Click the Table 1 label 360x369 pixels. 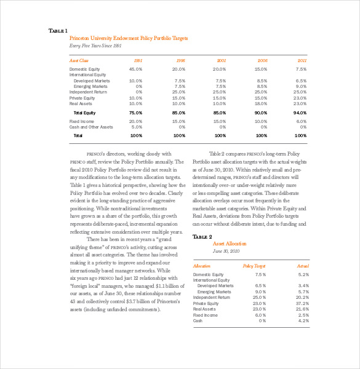(58, 31)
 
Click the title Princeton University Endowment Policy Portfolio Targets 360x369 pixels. (129, 38)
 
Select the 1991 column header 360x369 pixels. (138, 61)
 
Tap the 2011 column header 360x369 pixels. (302, 61)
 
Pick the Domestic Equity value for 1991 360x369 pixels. (135, 69)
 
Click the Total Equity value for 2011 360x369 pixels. (300, 113)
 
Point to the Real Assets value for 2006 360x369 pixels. (261, 103)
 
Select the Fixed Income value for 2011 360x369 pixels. (300, 121)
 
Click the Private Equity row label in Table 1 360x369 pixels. (82, 98)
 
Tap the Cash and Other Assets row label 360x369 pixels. (91, 127)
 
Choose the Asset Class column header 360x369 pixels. (79, 61)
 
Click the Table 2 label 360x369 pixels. (202, 237)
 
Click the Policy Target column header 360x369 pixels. (254, 266)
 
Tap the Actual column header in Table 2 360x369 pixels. (302, 266)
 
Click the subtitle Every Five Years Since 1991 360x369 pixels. (95, 46)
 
